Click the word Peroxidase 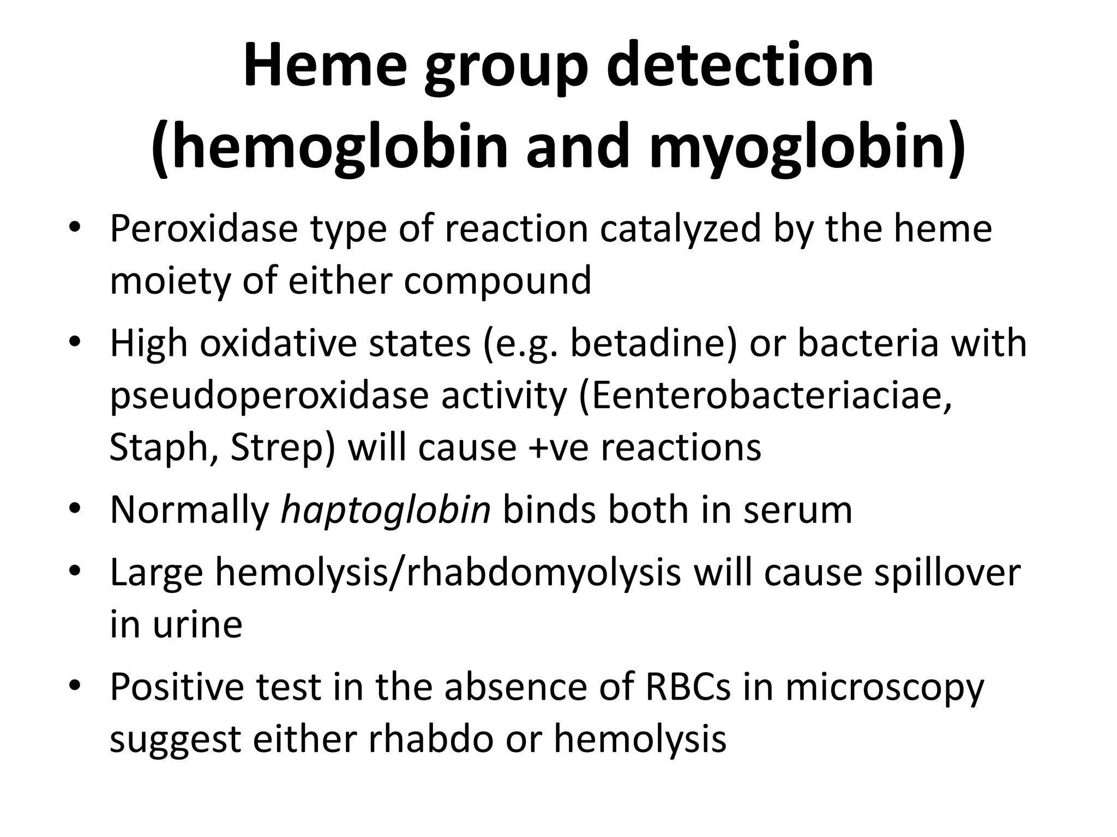pyautogui.click(x=204, y=229)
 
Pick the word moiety pyautogui.click(x=170, y=281)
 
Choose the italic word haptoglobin pyautogui.click(x=386, y=510)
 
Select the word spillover pyautogui.click(x=947, y=572)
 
